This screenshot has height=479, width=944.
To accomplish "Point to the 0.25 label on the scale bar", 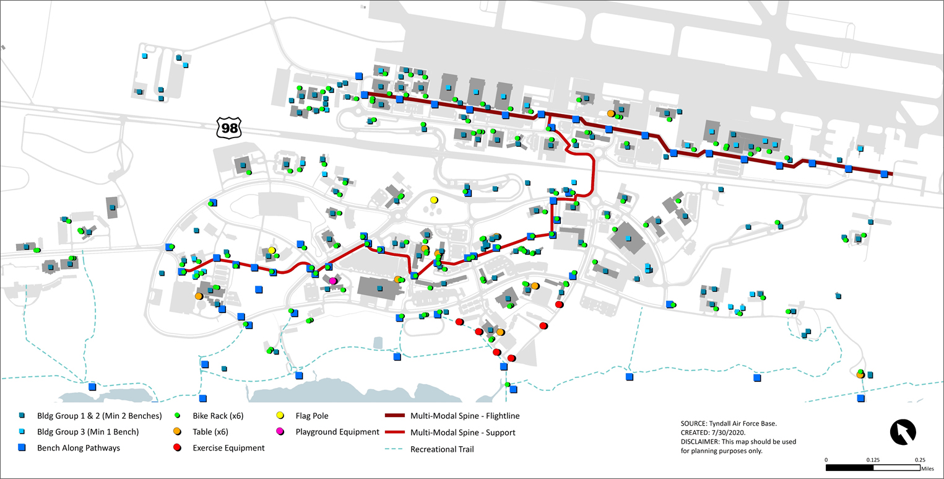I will [920, 460].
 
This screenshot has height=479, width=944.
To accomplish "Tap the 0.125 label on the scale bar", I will [873, 460].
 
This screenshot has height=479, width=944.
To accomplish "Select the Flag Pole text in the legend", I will [313, 415].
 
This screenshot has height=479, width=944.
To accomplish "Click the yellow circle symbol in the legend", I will [280, 415].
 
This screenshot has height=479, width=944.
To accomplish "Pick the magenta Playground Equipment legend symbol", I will [280, 431].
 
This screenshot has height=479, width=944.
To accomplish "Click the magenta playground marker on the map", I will [333, 281].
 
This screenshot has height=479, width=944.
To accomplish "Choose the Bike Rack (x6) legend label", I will [218, 415].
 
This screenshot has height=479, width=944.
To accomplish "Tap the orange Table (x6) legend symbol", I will [177, 431].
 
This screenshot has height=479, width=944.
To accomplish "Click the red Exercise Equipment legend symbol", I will [177, 447].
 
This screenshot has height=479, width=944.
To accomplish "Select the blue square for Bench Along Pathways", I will [22, 447].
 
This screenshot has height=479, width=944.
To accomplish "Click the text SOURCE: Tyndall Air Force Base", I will [728, 423].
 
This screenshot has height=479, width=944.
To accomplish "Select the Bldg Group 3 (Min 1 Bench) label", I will [88, 431].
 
